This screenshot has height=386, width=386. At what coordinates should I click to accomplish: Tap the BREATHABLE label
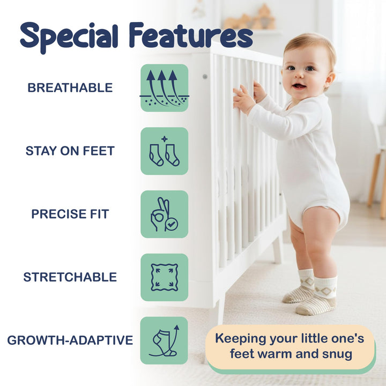tap(70, 88)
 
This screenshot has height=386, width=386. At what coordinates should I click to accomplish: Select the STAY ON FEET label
tap(70, 151)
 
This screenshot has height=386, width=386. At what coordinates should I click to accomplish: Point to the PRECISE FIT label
tap(70, 214)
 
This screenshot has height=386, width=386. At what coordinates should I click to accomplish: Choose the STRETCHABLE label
tap(70, 277)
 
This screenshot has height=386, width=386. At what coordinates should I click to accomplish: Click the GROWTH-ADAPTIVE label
tap(70, 340)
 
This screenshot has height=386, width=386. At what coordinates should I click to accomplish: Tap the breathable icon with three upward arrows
tap(165, 88)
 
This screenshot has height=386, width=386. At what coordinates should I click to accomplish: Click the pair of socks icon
tap(165, 151)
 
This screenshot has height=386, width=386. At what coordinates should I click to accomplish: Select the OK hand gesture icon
tap(165, 214)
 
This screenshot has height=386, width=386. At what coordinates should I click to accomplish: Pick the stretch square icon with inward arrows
tap(165, 277)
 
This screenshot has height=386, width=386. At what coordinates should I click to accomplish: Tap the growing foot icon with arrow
tap(165, 340)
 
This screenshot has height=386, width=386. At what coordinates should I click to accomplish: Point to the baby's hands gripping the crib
tap(247, 96)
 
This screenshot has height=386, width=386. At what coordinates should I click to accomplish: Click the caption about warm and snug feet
tap(289, 346)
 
